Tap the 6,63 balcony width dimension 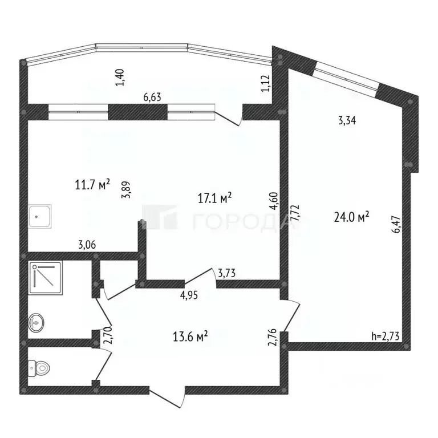click(152, 97)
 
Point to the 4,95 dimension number click(190, 295)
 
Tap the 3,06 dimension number click(87, 245)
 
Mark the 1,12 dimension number click(265, 84)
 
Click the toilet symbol click(39, 366)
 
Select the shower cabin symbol click(42, 277)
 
